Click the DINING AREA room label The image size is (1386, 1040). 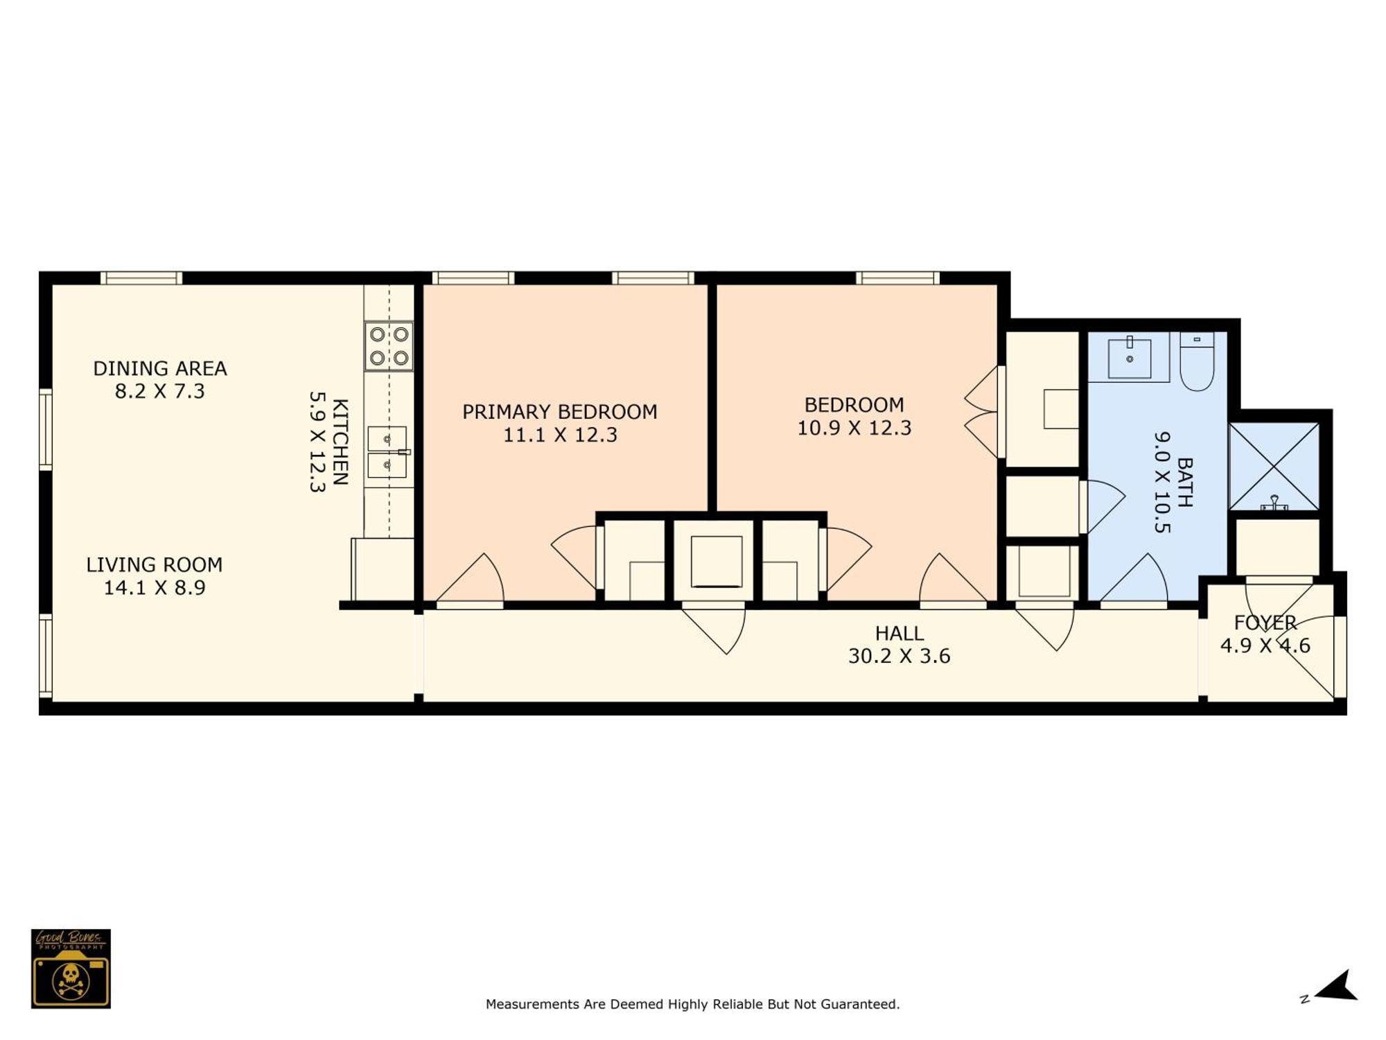[160, 368]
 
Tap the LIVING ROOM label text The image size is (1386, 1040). [155, 565]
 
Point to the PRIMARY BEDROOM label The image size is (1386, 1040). [560, 412]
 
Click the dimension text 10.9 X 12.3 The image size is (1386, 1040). [854, 428]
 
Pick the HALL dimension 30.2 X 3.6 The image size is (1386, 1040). [900, 656]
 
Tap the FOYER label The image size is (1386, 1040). [1265, 623]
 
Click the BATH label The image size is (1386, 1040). [1185, 482]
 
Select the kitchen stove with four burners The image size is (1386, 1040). [389, 346]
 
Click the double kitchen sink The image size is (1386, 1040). [387, 452]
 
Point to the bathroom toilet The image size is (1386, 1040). [1197, 361]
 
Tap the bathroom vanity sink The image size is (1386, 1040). [1130, 358]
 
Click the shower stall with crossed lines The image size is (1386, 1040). [1274, 467]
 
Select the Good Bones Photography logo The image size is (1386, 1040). [71, 969]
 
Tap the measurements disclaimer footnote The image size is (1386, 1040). [692, 1004]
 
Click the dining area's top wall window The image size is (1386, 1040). [141, 278]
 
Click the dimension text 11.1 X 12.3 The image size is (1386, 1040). [560, 435]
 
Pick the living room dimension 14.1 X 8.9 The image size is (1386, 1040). [155, 588]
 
